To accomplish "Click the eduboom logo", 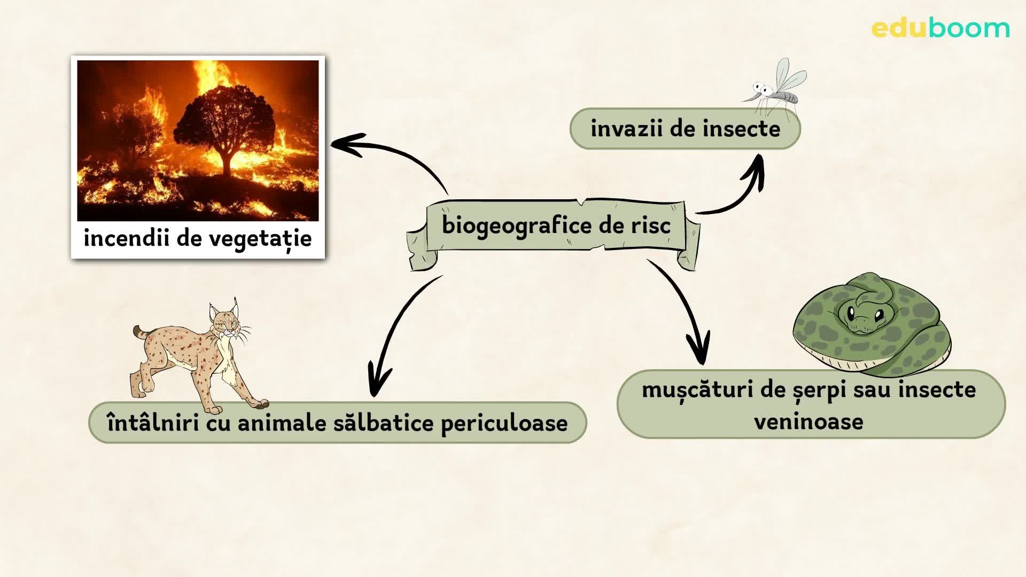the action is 941,28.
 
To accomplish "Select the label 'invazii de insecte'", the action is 685,129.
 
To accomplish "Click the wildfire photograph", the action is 198,141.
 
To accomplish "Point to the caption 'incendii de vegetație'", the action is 198,238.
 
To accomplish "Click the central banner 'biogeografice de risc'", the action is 556,225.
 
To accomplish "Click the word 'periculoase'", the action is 504,424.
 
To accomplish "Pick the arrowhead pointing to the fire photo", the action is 347,145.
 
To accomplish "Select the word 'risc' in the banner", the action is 650,225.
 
